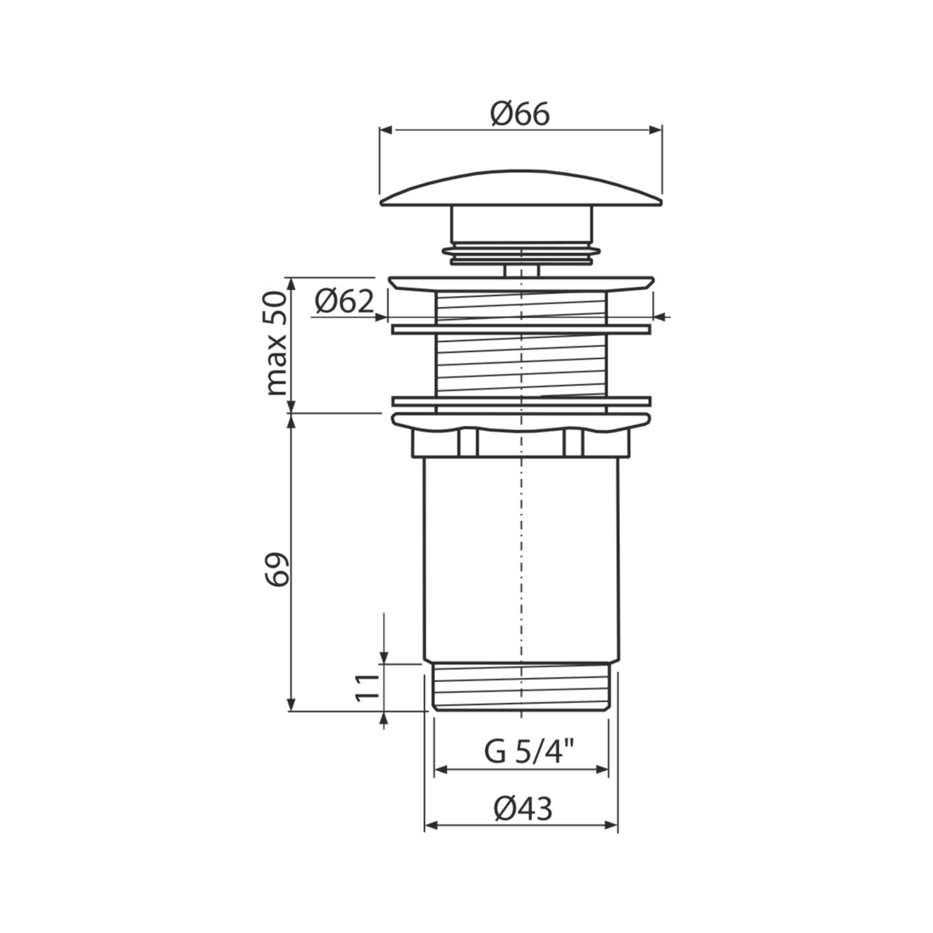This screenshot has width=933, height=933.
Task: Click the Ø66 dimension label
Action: pyautogui.click(x=520, y=115)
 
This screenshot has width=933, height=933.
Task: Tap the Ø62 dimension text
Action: pyautogui.click(x=344, y=302)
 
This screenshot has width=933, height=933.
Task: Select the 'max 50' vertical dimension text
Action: pyautogui.click(x=277, y=344)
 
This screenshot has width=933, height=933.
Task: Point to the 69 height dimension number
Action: pyautogui.click(x=277, y=569)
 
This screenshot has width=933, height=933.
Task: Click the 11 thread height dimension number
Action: pyautogui.click(x=367, y=687)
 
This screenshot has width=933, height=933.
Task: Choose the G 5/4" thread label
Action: pyautogui.click(x=529, y=751)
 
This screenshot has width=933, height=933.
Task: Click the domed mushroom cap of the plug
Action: pyautogui.click(x=521, y=189)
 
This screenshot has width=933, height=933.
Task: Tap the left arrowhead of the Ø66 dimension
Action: pyautogui.click(x=387, y=131)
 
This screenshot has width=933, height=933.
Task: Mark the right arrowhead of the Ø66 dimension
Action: pyautogui.click(x=655, y=131)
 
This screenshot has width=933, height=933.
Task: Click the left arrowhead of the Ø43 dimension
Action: pyautogui.click(x=432, y=825)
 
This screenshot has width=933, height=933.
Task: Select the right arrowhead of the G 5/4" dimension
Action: pyautogui.click(x=601, y=770)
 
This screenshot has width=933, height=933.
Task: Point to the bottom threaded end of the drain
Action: pyautogui.click(x=522, y=685)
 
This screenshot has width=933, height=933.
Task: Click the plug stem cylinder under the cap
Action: pyautogui.click(x=522, y=224)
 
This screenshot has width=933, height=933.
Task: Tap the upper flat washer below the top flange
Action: pyautogui.click(x=521, y=328)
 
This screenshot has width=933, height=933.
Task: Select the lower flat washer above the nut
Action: pyautogui.click(x=521, y=401)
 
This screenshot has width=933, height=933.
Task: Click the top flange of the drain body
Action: pyautogui.click(x=521, y=283)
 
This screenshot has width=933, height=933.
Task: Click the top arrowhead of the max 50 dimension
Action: pyautogui.click(x=291, y=284)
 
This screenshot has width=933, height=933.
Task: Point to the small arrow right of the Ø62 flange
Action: pyautogui.click(x=661, y=317)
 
